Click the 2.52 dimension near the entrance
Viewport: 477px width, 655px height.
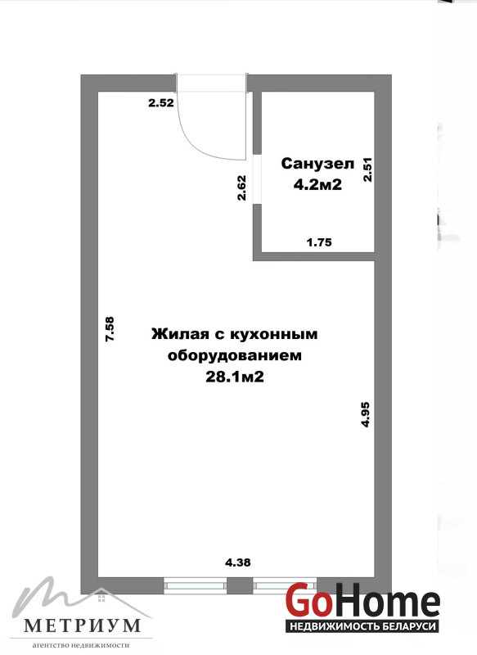click(161, 102)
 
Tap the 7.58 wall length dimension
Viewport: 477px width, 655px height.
click(110, 329)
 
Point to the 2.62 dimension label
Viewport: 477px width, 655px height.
click(241, 187)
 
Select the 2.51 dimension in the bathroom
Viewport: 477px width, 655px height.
click(367, 169)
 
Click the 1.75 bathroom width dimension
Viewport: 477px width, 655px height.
click(319, 242)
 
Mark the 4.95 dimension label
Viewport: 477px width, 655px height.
click(365, 414)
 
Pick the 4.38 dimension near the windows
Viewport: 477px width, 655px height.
click(238, 562)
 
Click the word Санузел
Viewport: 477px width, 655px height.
click(317, 163)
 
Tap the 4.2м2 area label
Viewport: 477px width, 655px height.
click(317, 184)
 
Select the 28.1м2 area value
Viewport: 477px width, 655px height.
click(235, 377)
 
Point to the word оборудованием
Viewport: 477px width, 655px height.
click(234, 355)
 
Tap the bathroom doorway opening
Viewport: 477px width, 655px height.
click(257, 179)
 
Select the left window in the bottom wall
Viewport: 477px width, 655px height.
click(195, 585)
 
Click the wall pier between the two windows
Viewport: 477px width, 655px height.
click(240, 585)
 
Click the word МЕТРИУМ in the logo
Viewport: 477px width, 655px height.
click(82, 626)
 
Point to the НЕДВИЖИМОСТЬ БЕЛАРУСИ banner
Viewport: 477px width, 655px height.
click(362, 626)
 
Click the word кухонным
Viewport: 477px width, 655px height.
click(274, 334)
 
